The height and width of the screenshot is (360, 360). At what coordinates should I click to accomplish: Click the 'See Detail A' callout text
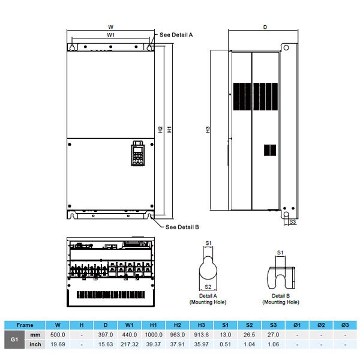[x=176, y=35]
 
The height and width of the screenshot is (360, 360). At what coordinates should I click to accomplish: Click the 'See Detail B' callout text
[x=182, y=227]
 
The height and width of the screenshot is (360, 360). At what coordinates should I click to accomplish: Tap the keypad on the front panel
[x=138, y=154]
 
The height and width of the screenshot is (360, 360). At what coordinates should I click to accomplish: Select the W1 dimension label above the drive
[x=110, y=35]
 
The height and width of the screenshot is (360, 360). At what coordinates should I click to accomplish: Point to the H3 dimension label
[x=208, y=130]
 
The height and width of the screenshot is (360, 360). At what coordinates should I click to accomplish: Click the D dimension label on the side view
[x=265, y=27]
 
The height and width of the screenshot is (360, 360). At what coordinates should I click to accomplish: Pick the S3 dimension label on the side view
[x=293, y=222]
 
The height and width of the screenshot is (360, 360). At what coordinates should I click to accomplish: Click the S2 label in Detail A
[x=208, y=287]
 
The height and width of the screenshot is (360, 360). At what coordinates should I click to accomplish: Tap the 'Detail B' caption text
[x=281, y=296]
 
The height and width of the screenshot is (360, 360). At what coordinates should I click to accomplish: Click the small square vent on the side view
[x=270, y=150]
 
